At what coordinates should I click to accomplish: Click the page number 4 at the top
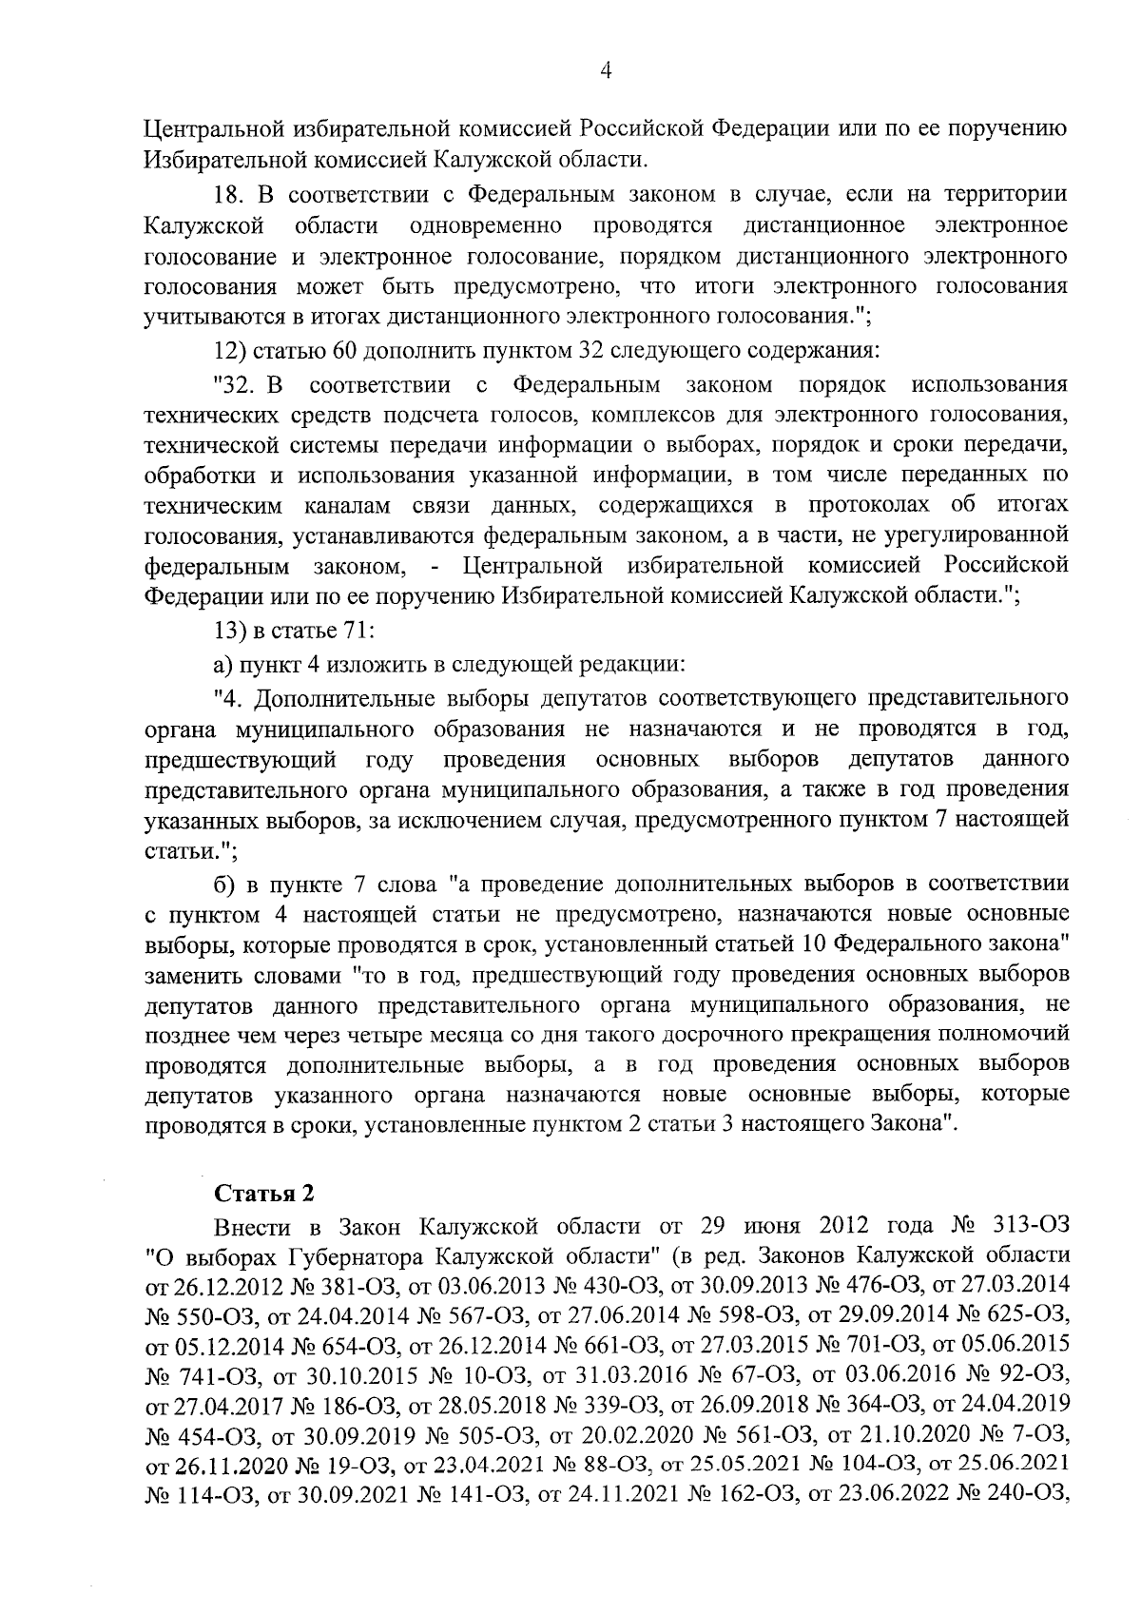coord(606,71)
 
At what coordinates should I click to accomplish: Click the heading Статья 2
coord(263,1194)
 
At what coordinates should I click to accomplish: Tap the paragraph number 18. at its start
coord(230,195)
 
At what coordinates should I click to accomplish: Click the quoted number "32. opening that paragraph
coord(237,385)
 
